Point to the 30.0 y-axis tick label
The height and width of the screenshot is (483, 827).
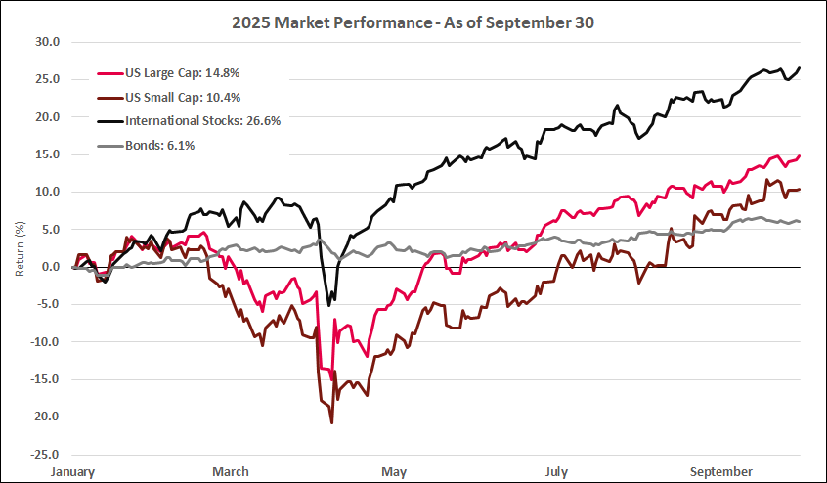click(x=48, y=42)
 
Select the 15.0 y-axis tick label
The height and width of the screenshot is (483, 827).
click(x=48, y=154)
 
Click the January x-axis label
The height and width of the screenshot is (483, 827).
click(x=74, y=472)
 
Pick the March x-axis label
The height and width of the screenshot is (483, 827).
click(x=231, y=472)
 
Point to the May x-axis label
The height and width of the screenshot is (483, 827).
click(x=394, y=472)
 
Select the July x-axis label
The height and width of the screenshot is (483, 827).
click(x=557, y=472)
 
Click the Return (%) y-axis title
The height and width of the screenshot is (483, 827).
click(x=20, y=248)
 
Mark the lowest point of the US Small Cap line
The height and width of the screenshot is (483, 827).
click(x=331, y=422)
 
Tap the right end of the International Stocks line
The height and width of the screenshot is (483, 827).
click(x=801, y=67)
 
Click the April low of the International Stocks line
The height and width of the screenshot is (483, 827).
click(x=328, y=306)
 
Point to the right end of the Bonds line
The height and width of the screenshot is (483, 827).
click(x=801, y=222)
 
